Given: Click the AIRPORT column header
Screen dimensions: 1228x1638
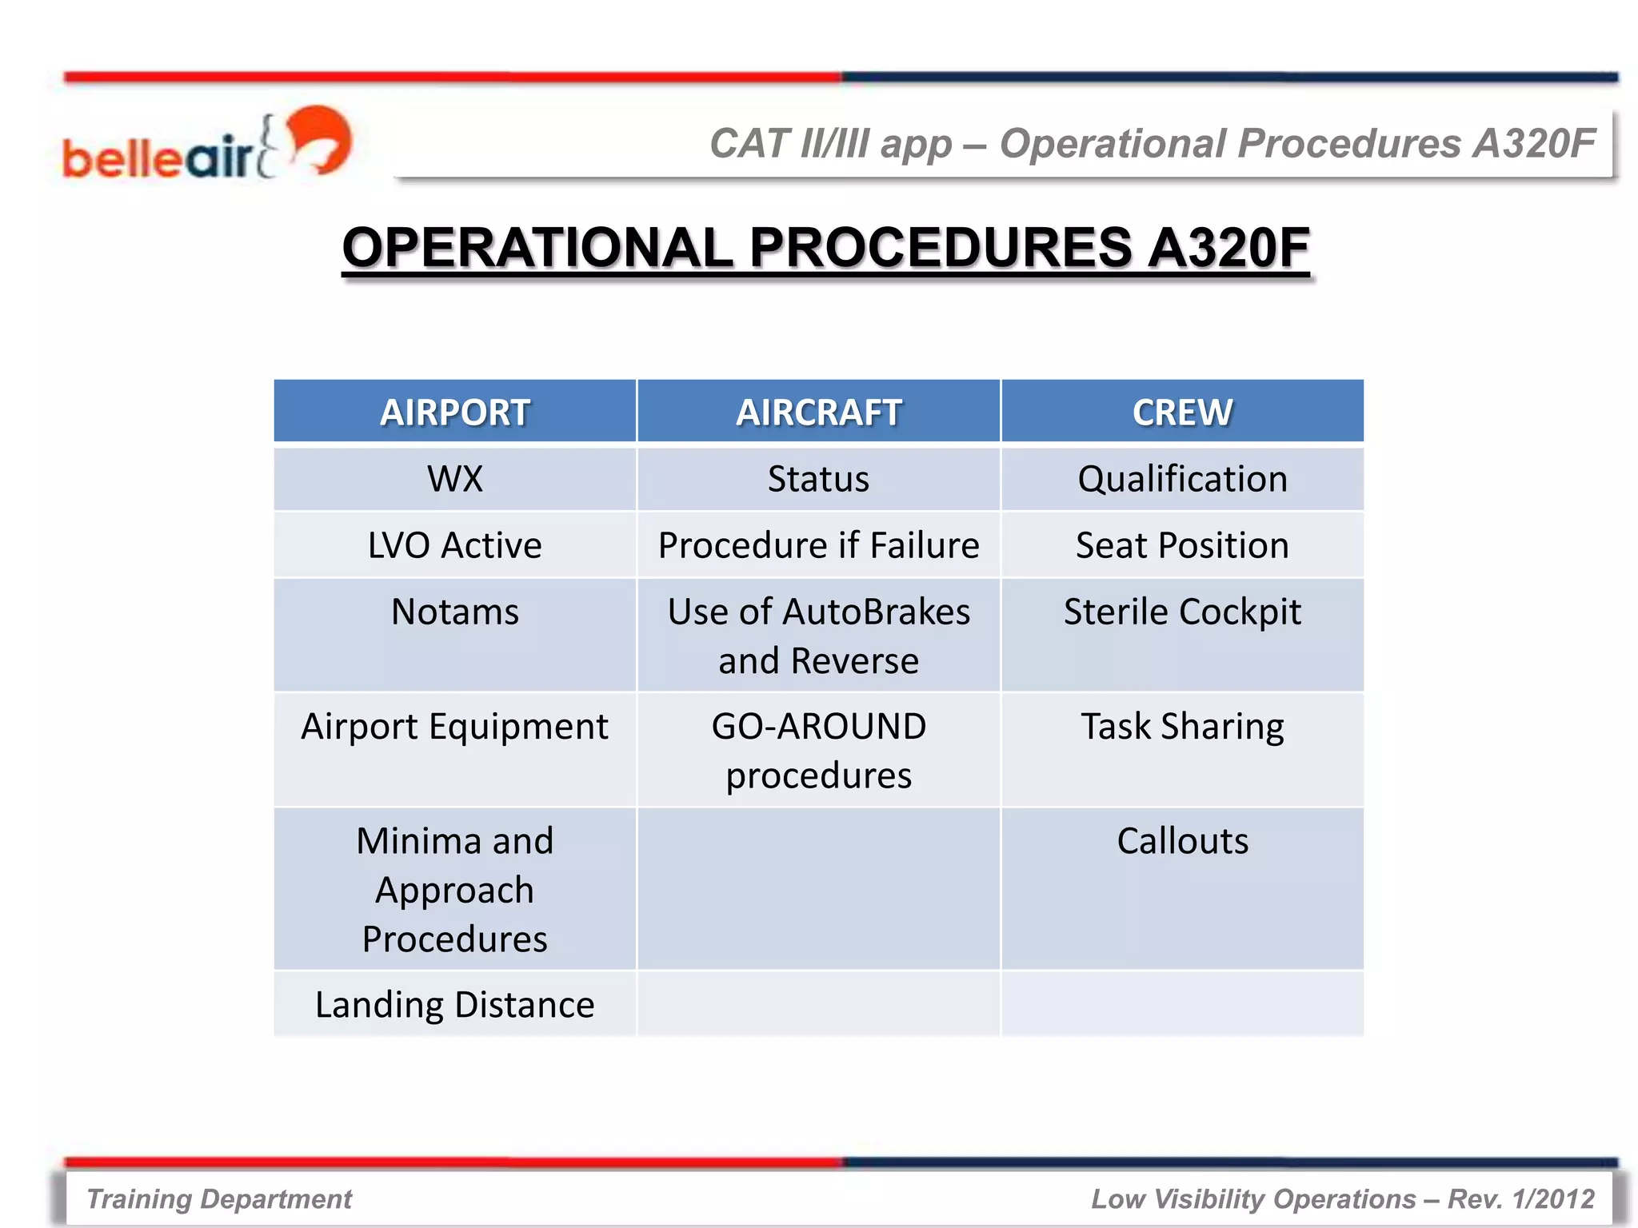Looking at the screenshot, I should pyautogui.click(x=454, y=412).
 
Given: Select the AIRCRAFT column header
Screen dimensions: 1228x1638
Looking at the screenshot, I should pyautogui.click(x=818, y=412).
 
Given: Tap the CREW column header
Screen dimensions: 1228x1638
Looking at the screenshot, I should pyautogui.click(x=1182, y=412).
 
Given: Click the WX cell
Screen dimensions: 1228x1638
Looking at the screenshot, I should pyautogui.click(x=454, y=479).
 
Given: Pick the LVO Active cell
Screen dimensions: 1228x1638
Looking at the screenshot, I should pyautogui.click(x=454, y=545).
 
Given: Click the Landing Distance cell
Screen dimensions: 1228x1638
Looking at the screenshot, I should pyautogui.click(x=454, y=1005).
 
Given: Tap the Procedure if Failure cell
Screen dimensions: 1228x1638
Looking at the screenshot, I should pyautogui.click(x=818, y=545).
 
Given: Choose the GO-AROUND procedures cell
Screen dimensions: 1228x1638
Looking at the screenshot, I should pyautogui.click(x=818, y=750).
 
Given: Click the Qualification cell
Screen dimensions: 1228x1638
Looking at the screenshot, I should pyautogui.click(x=1182, y=479).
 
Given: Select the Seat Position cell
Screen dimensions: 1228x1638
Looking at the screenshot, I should pyautogui.click(x=1182, y=545).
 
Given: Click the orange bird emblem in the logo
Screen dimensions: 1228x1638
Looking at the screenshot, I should pyautogui.click(x=320, y=138).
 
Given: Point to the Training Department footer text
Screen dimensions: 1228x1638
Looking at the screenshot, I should pyautogui.click(x=219, y=1198).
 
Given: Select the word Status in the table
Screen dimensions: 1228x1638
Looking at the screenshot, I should pyautogui.click(x=818, y=479).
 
